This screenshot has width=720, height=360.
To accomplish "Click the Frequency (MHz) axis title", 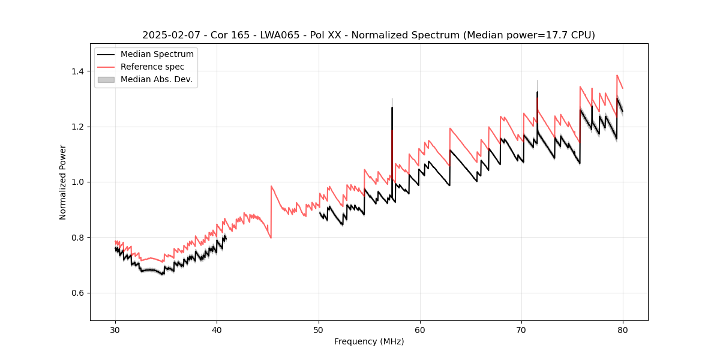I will pyautogui.click(x=369, y=341).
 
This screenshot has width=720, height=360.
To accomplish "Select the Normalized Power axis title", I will pyautogui.click(x=63, y=182).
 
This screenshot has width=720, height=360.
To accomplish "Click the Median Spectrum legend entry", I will pyautogui.click(x=157, y=54).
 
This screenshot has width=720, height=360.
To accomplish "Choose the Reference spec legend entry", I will pyautogui.click(x=152, y=67).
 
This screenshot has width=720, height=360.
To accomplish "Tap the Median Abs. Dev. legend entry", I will pyautogui.click(x=156, y=79).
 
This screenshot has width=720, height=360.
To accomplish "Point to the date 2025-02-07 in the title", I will pyautogui.click(x=170, y=35).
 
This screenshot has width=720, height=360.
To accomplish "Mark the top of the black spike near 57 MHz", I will pyautogui.click(x=392, y=108).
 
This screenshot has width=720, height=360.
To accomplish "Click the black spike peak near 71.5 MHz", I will pyautogui.click(x=537, y=92).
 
